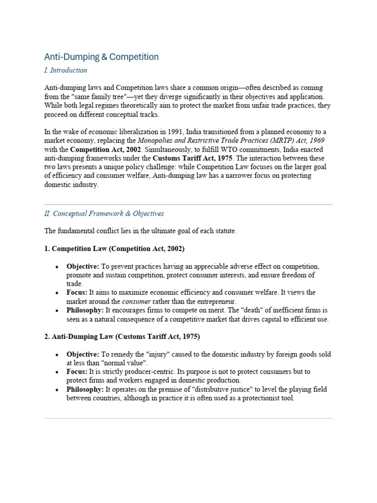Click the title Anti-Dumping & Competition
pos(101,57)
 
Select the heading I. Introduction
pos(66,70)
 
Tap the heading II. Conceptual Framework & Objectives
pos(104,214)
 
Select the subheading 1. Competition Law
pos(114,249)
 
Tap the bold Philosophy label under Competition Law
pos(85,310)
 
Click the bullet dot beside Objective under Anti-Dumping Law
pos(57,354)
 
